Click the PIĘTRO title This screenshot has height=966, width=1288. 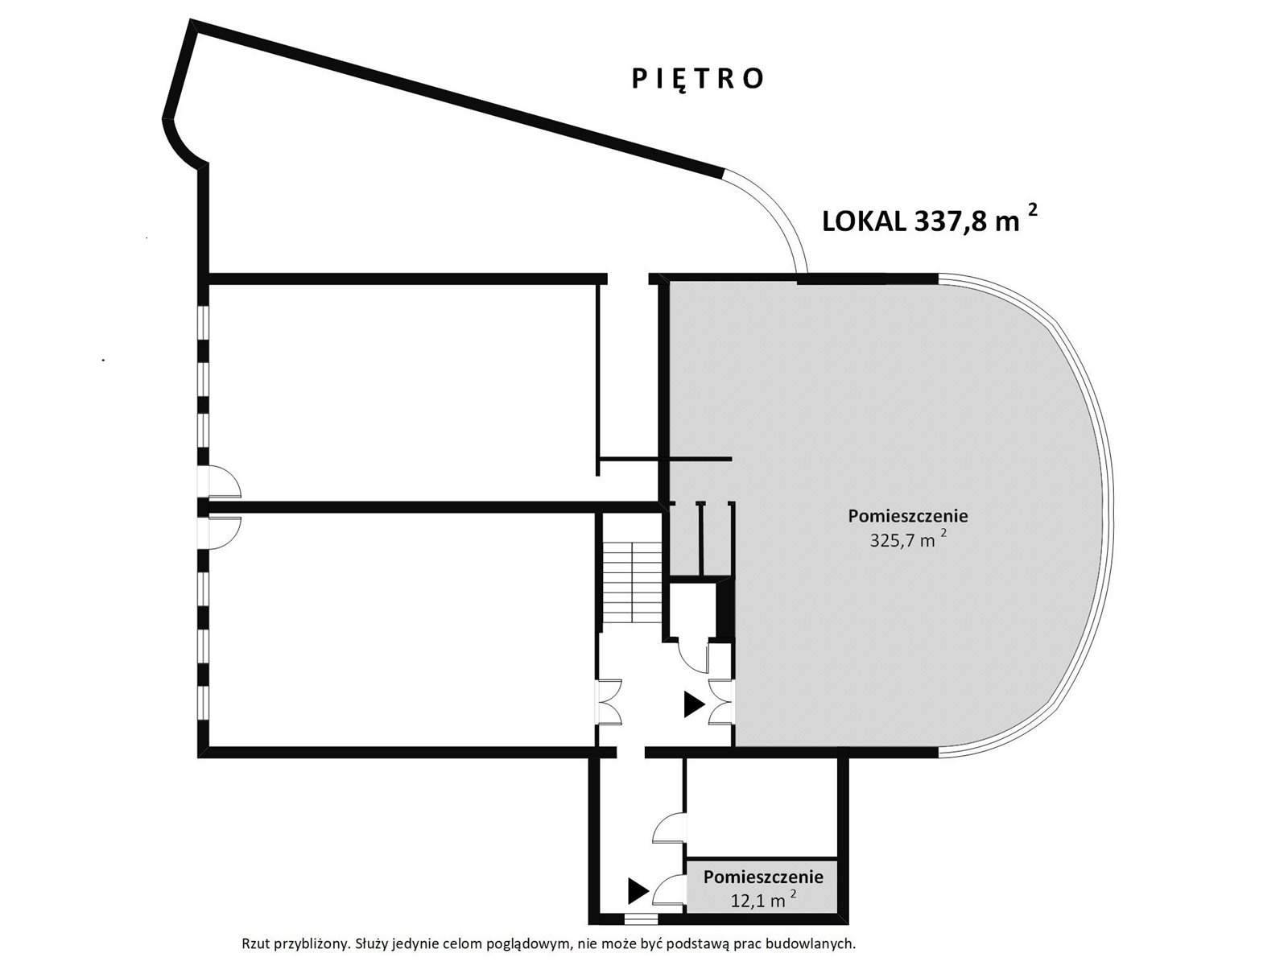697,79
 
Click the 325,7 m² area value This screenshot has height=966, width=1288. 908,539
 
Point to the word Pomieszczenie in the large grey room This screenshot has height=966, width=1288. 908,516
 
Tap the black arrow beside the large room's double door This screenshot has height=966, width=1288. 694,705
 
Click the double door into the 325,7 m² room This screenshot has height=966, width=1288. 721,702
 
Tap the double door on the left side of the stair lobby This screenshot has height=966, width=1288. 609,702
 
